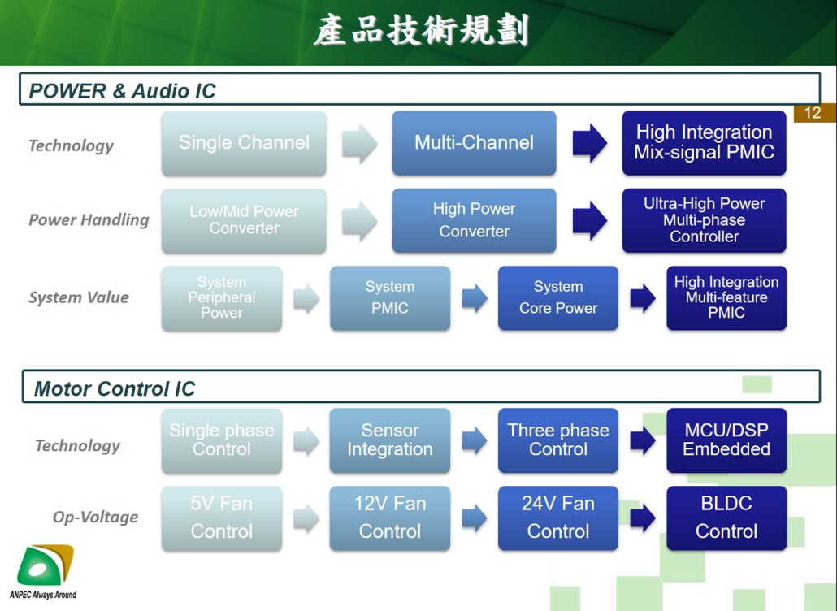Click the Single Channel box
[244, 143]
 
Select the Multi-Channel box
[474, 143]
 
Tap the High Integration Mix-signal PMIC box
[704, 143]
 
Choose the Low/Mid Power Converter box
[244, 220]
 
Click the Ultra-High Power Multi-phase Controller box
[704, 220]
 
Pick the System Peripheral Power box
[222, 298]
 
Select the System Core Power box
[557, 298]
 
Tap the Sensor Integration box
[390, 440]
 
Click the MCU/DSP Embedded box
[726, 440]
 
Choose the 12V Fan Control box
[390, 518]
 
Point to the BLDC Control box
[726, 518]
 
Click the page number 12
[813, 113]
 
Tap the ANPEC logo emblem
[45, 565]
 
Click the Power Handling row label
[89, 219]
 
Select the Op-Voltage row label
[96, 517]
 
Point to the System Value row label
[79, 297]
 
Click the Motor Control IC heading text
[115, 388]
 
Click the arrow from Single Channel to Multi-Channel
[359, 143]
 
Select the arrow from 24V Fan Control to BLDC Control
[643, 518]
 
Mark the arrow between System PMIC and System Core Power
[475, 297]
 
